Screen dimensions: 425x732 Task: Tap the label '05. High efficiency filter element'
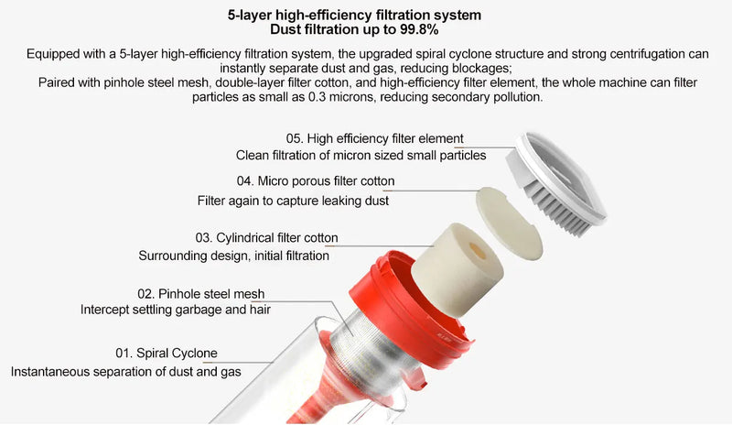(x=374, y=138)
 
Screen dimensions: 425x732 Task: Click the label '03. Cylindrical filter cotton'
(x=266, y=238)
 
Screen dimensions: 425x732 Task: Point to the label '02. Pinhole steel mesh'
(x=200, y=294)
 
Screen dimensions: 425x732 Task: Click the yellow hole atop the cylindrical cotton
(x=475, y=247)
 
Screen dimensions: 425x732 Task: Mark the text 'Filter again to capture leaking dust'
(x=293, y=201)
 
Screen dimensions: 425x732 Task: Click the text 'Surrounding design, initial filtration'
(x=233, y=256)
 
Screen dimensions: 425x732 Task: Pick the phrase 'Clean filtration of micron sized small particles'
(x=361, y=155)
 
